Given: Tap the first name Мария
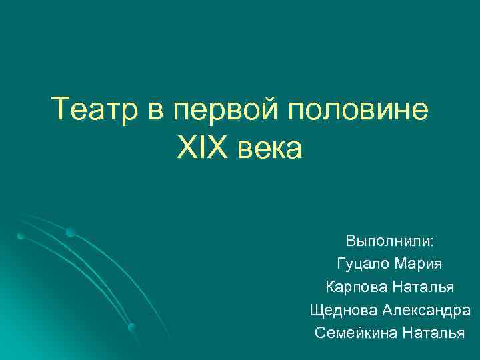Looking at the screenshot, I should (x=418, y=264).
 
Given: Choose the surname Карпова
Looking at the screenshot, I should (x=352, y=287).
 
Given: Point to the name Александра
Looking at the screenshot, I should (x=427, y=311).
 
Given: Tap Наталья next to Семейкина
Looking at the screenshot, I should (x=434, y=333).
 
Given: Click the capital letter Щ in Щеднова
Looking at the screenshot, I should (x=316, y=311).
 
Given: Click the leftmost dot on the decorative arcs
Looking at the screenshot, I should (x=21, y=236).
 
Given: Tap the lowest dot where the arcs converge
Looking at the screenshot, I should (x=132, y=327).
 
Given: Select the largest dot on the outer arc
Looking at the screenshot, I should (x=70, y=231).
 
